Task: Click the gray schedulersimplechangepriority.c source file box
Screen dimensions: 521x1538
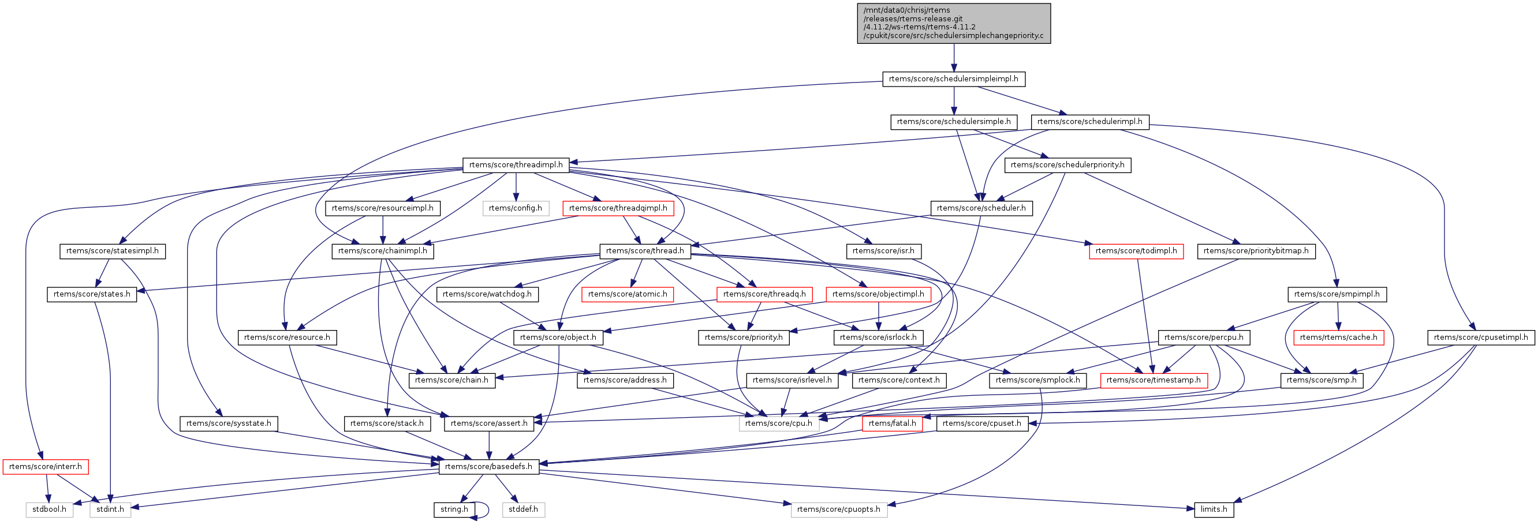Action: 954,23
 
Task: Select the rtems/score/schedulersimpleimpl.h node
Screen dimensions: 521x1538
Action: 954,79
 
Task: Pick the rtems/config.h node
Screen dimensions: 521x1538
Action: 515,208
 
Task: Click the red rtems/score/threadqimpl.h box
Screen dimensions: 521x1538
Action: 618,208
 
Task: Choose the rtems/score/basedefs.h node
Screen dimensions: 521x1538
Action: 488,466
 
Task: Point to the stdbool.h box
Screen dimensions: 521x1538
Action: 50,509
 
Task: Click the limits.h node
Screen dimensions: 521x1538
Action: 1214,509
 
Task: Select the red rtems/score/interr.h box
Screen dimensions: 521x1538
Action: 46,466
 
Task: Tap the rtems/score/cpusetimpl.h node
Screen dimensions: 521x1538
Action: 1481,337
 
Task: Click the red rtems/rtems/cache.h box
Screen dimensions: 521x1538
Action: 1338,337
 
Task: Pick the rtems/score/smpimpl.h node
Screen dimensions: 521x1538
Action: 1337,294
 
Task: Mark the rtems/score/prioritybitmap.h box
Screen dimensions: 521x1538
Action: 1256,250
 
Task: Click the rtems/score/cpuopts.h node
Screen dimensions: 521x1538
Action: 838,509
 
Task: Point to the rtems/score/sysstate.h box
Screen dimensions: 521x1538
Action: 228,423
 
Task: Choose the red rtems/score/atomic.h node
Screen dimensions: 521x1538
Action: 628,294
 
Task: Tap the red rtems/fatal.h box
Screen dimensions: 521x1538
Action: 892,423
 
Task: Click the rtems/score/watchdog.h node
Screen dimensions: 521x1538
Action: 487,294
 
